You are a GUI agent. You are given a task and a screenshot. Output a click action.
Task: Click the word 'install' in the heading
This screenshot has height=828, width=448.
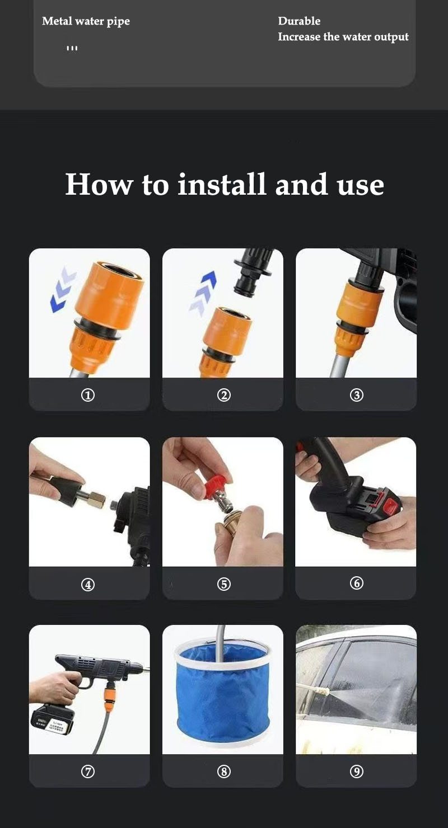click(221, 185)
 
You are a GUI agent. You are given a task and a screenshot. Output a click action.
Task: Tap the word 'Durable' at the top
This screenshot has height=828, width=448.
click(299, 21)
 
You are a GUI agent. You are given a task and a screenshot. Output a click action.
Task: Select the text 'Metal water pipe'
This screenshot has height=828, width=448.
click(86, 21)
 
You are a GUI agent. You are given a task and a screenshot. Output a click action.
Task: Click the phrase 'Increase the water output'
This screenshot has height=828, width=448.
click(343, 37)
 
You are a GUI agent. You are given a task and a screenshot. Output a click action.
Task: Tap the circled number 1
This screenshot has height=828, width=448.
click(88, 395)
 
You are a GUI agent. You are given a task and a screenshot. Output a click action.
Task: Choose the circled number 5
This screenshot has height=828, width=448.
click(223, 584)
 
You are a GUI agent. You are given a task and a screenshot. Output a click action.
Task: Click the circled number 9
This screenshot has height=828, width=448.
click(357, 771)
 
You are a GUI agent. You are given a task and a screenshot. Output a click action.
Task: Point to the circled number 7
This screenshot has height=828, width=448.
click(88, 771)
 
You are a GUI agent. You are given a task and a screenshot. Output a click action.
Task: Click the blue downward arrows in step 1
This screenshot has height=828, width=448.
click(62, 289)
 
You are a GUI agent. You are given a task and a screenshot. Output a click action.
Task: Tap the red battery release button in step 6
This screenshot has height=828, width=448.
click(393, 502)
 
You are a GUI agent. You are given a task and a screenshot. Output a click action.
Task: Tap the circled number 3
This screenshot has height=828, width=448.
click(357, 395)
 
